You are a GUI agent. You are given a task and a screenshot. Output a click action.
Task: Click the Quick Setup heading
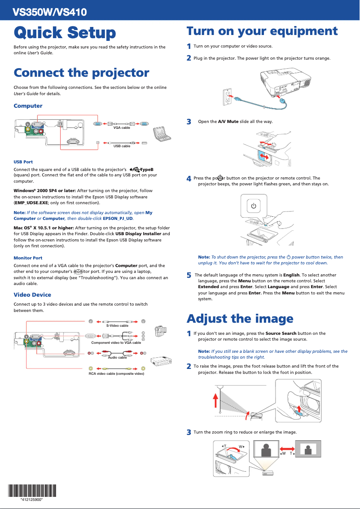coord(65,33)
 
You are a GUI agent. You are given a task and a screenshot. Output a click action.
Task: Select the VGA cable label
coord(122,128)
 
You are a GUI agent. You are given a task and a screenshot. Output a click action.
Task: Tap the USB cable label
coord(122,146)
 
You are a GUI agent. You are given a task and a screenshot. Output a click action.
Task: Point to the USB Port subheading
coord(23,162)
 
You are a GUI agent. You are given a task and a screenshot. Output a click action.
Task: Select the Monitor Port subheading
coord(28,258)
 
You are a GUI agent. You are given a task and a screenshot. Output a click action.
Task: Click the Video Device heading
coord(32,295)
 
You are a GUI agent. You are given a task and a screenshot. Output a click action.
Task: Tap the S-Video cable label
coord(117,325)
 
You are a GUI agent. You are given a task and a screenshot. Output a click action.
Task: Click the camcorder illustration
coord(160,331)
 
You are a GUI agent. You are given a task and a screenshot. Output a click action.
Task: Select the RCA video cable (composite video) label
coord(116,373)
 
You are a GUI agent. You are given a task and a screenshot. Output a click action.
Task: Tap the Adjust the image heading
coord(240,319)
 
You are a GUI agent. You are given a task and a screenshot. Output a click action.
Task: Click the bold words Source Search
coord(281,333)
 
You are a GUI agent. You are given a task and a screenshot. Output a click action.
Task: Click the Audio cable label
coord(117,357)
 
